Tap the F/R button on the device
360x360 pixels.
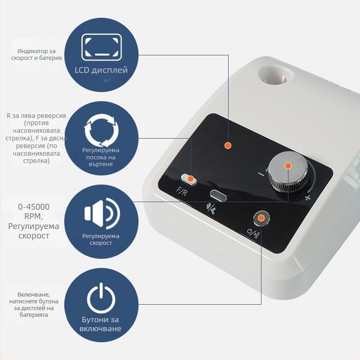coord(189,179)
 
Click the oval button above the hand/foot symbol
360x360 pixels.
coord(218,195)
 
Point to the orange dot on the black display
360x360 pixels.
coord(228,145)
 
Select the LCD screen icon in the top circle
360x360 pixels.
coord(102,47)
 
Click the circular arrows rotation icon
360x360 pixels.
coord(102,130)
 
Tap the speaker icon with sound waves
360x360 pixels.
coord(102,213)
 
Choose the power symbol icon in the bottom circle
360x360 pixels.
coord(101,298)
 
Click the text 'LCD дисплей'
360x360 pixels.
coord(101,70)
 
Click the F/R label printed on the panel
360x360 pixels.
coord(182,191)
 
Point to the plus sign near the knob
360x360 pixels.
coord(307,197)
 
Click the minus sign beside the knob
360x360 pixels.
coord(261,174)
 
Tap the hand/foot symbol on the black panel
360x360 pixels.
coord(211,208)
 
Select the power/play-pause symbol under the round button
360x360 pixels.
coord(253,233)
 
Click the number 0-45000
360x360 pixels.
coord(34,207)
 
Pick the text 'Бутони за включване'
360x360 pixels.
coord(100,324)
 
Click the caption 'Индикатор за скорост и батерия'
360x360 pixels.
coord(36,54)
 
